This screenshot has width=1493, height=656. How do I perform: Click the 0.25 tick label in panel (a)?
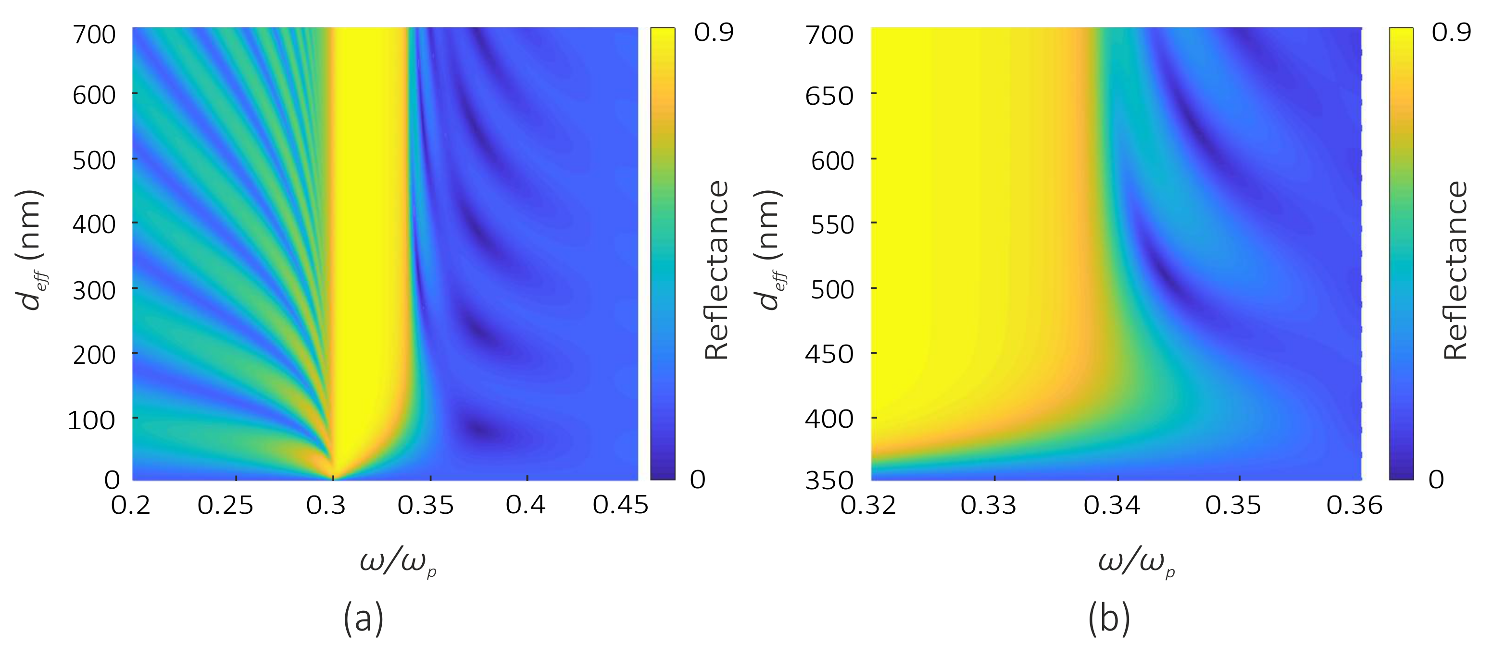[225, 505]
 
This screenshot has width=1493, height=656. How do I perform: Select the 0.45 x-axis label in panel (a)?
[620, 505]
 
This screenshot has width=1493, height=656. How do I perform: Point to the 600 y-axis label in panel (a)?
[94, 95]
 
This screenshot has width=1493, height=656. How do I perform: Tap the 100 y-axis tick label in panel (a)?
[91, 420]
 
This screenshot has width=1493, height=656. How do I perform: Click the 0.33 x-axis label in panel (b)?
[988, 505]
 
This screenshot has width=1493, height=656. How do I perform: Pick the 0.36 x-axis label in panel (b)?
[1355, 505]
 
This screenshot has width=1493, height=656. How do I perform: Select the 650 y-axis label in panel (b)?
[829, 96]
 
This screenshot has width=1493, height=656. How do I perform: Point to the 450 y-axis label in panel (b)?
[829, 354]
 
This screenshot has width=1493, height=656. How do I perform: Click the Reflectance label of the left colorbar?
[716, 270]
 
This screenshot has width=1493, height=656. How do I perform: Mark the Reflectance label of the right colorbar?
[1455, 270]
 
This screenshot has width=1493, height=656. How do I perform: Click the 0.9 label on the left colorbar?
[714, 33]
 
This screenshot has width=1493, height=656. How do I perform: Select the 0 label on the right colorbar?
[1436, 479]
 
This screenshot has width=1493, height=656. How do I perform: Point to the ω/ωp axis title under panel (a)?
[398, 563]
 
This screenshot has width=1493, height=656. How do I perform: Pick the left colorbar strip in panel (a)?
[663, 253]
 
